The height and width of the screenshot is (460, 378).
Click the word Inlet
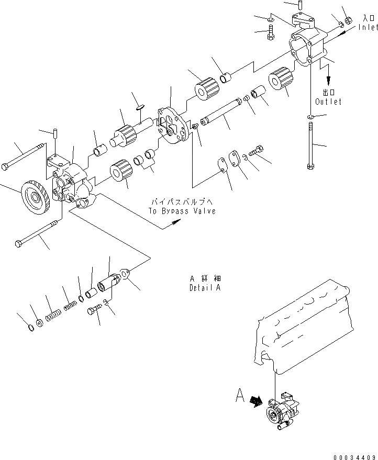[x=368, y=27]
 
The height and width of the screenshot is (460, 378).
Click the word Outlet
[x=329, y=102]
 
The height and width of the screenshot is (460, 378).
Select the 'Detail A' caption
[x=205, y=288]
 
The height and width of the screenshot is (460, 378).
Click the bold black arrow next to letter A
[x=256, y=401]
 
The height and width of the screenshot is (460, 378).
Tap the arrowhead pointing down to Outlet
[x=329, y=81]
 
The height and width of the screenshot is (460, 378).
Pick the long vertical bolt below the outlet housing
[x=311, y=146]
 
